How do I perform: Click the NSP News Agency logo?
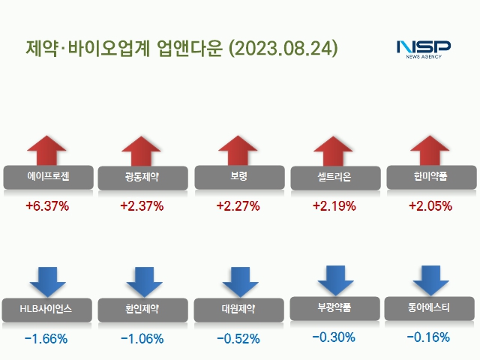424,48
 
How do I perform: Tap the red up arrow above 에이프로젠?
46,151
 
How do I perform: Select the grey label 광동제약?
142,178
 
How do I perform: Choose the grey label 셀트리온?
334,178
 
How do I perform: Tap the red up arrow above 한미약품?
430,151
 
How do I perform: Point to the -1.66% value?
46,339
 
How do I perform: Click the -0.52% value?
238,339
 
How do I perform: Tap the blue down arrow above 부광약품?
334,278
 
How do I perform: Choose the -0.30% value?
334,337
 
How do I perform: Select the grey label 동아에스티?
430,307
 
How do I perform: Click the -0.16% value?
430,337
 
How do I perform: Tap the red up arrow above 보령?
238,151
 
